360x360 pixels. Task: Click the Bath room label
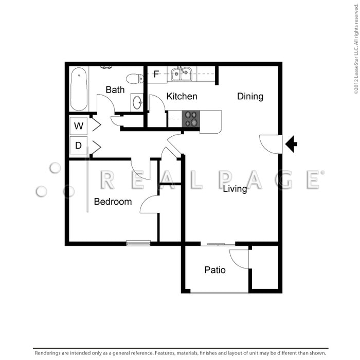pos(115,89)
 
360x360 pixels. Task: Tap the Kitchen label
pos(182,96)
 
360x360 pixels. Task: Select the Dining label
pos(250,97)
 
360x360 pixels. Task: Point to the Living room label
pos(235,189)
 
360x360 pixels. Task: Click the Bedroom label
pos(113,202)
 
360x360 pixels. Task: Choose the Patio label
pos(215,270)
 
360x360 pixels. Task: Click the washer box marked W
pos(79,126)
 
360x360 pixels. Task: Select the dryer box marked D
pos(79,146)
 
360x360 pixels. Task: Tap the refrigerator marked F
pos(157,75)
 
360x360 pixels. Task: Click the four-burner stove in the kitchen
pos(191,118)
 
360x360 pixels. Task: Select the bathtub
pos(79,89)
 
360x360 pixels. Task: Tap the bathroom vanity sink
pos(137,102)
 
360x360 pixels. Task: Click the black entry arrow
pos(291,144)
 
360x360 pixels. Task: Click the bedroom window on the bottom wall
pos(138,243)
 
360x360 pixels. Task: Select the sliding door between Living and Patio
pos(218,244)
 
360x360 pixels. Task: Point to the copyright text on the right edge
pos(356,49)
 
